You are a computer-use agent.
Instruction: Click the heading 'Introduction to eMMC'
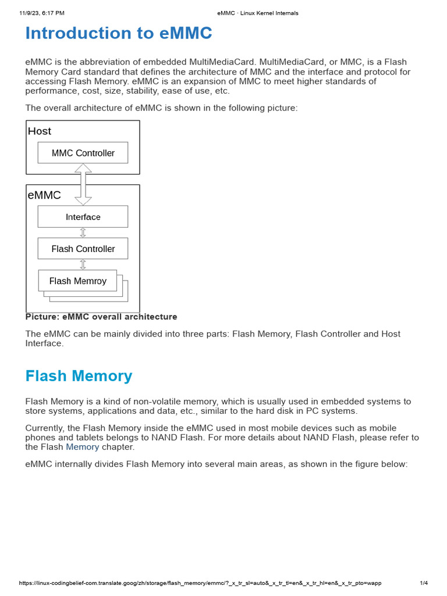pos(119,34)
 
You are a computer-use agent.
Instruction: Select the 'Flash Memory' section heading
pos(79,376)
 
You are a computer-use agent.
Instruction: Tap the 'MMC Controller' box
pos(83,153)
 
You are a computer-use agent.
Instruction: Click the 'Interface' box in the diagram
pos(83,217)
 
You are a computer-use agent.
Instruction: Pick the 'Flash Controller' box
pos(83,249)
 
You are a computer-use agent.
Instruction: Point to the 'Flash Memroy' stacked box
pos(77,281)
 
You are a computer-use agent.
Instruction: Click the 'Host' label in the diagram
pos(40,131)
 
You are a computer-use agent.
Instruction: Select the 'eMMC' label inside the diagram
pos(44,195)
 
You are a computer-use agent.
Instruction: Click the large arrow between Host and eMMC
pos(83,184)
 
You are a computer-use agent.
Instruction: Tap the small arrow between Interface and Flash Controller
pos(83,232)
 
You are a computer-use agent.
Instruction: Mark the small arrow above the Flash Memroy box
pos(83,264)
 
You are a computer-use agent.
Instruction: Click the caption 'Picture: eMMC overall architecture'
pos(101,317)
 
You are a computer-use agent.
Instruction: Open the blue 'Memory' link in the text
pos(82,447)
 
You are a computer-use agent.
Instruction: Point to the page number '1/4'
pos(424,583)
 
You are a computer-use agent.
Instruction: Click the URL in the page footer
pos(200,583)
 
